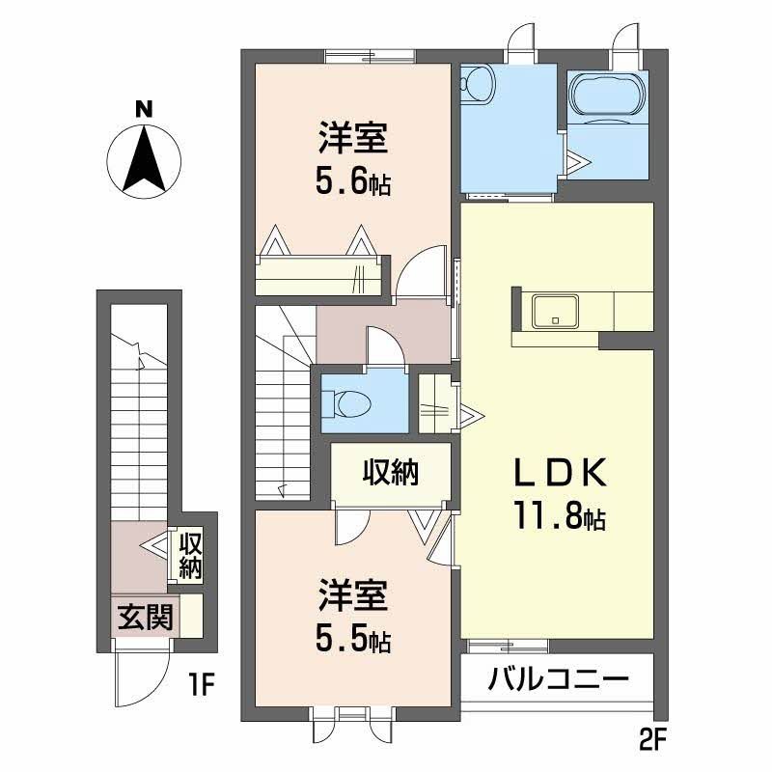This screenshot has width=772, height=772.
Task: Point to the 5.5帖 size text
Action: (353, 639)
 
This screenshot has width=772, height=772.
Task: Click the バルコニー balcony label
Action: (559, 678)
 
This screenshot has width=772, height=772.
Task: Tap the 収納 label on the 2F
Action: (391, 473)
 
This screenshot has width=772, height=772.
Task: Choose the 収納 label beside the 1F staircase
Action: (189, 556)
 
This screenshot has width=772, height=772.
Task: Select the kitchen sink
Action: (555, 311)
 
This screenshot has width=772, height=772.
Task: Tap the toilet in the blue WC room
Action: (343, 400)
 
